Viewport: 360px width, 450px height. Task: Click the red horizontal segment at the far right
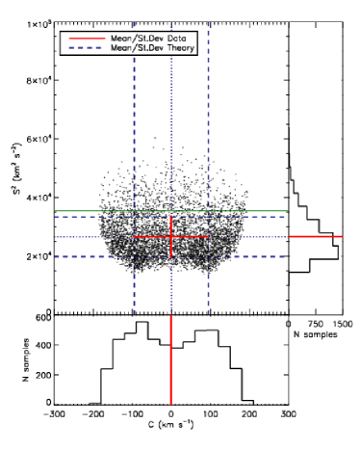(316, 236)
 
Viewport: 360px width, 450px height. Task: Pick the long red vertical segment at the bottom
(171, 361)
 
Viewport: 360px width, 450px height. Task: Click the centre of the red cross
(171, 236)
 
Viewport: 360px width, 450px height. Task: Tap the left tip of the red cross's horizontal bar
(134, 236)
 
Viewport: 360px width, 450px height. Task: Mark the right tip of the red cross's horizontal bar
(208, 236)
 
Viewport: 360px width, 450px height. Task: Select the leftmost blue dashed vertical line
(134, 116)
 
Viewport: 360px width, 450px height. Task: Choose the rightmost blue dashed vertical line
(208, 116)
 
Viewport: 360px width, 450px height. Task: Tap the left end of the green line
(55, 210)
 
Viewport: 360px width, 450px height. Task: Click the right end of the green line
(287, 210)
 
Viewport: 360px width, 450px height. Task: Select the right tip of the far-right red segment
(342, 236)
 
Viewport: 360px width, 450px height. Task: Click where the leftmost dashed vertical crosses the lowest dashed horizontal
(134, 256)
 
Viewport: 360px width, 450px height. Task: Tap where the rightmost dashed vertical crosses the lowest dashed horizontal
(208, 256)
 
